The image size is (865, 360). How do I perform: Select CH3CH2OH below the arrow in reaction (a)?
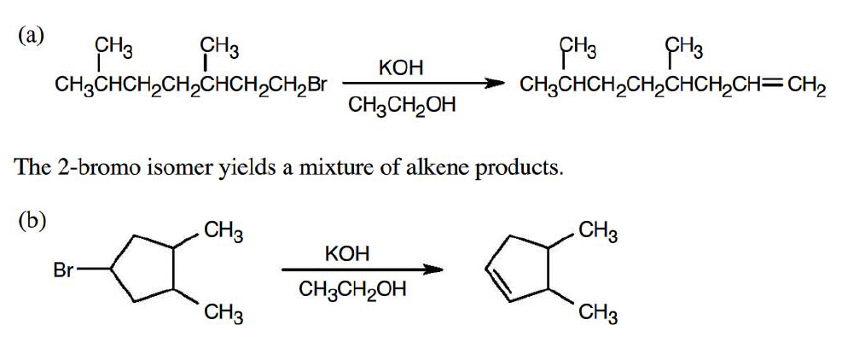coord(402,107)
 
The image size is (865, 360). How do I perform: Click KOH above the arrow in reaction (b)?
coord(347,253)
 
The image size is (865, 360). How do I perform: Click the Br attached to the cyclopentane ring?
coord(64,271)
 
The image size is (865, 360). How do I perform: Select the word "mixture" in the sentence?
coord(328,165)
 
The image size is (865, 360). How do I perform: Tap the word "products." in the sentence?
coord(518,166)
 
